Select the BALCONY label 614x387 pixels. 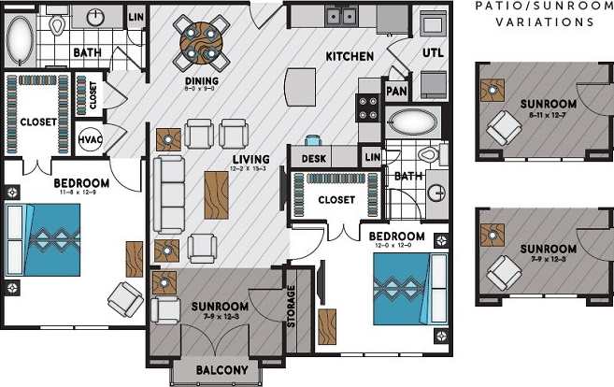222,371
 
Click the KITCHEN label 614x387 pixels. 350,57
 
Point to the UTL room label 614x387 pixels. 432,53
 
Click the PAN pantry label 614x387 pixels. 395,93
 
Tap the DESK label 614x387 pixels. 314,159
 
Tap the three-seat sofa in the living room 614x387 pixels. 169,194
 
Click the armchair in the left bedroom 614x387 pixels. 125,298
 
